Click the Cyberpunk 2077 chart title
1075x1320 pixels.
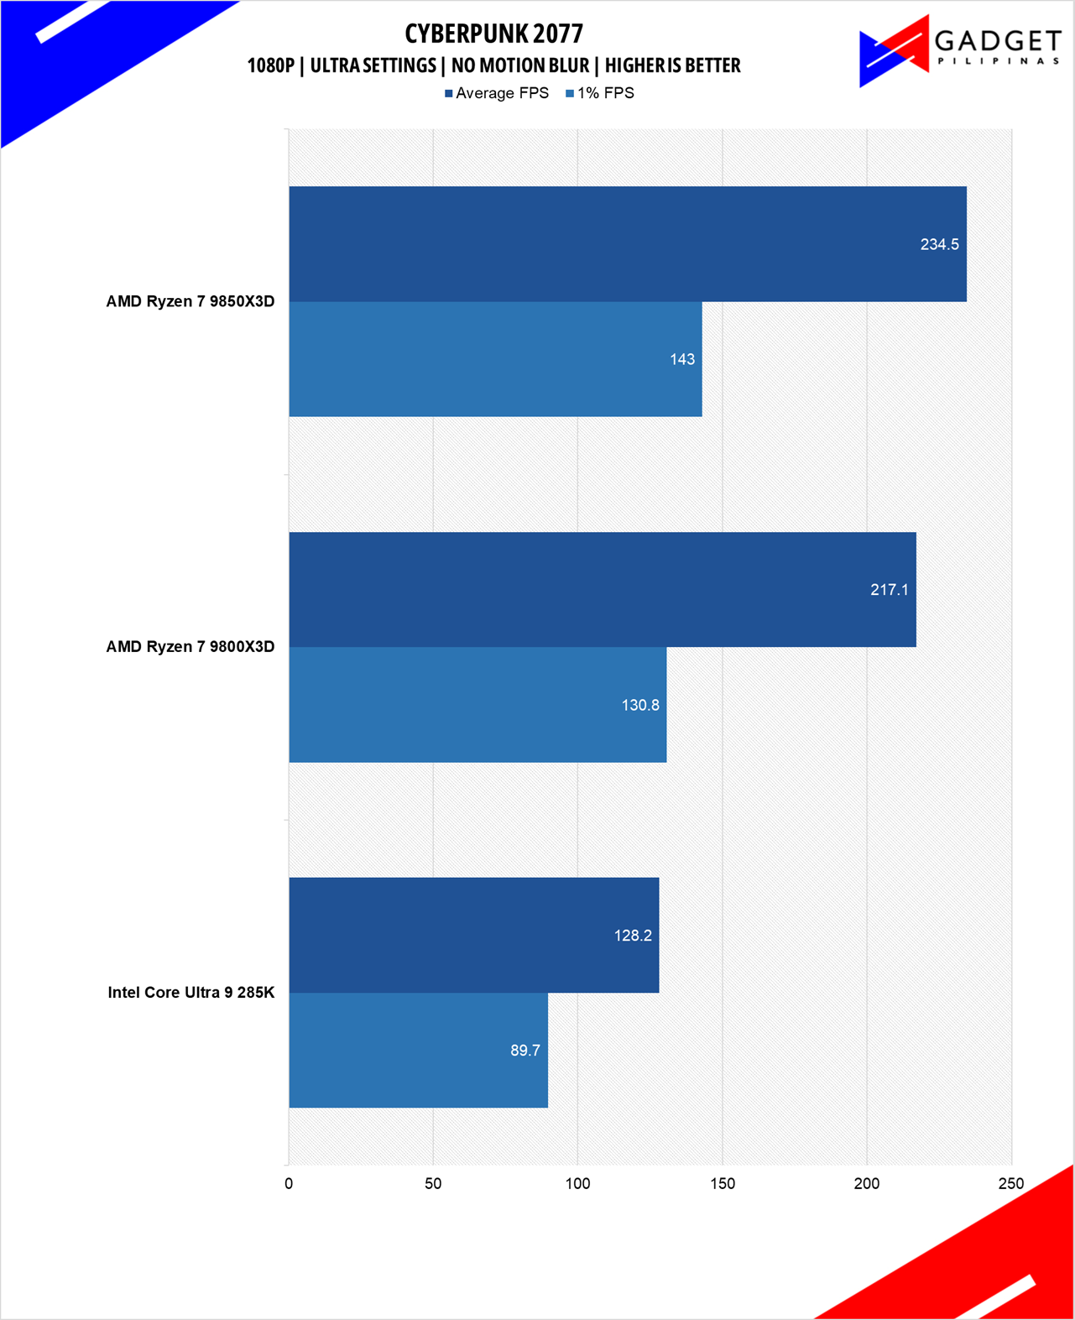[x=493, y=34]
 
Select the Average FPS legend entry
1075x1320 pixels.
[x=497, y=93]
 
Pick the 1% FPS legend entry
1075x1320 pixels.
[x=601, y=93]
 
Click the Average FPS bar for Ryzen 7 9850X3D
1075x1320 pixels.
[x=627, y=244]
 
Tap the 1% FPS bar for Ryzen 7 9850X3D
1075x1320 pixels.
[x=495, y=359]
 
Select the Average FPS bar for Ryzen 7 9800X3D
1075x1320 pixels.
[x=602, y=590]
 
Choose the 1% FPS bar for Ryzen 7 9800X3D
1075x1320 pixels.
[x=477, y=705]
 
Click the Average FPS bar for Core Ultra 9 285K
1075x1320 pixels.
[x=473, y=935]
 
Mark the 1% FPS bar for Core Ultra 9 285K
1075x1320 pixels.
[x=418, y=1051]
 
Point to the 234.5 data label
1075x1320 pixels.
[x=939, y=245]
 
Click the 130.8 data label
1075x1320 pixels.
[x=640, y=706]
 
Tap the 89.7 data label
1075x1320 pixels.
[x=525, y=1051]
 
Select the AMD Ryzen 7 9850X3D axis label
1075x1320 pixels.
[x=190, y=302]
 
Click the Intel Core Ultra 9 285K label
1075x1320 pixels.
[x=191, y=993]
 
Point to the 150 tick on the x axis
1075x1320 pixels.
[x=723, y=1184]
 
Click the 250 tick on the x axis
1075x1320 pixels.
[x=1011, y=1184]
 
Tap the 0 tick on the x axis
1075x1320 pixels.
[x=289, y=1184]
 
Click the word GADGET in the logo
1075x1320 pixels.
[x=998, y=40]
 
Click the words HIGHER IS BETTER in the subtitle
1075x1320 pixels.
[x=672, y=65]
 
